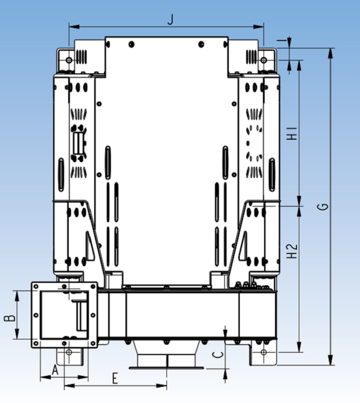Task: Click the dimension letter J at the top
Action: [x=170, y=19]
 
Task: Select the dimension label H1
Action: [x=292, y=133]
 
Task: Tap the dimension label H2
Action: [x=293, y=251]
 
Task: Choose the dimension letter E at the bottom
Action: [x=115, y=379]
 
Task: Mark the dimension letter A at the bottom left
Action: [x=55, y=370]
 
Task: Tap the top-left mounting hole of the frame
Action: [x=69, y=59]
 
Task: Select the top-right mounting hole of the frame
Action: [x=264, y=59]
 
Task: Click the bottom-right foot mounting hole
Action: [x=263, y=352]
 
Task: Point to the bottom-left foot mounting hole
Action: [x=69, y=352]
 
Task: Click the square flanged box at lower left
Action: [x=64, y=315]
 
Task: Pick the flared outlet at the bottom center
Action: [x=166, y=357]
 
